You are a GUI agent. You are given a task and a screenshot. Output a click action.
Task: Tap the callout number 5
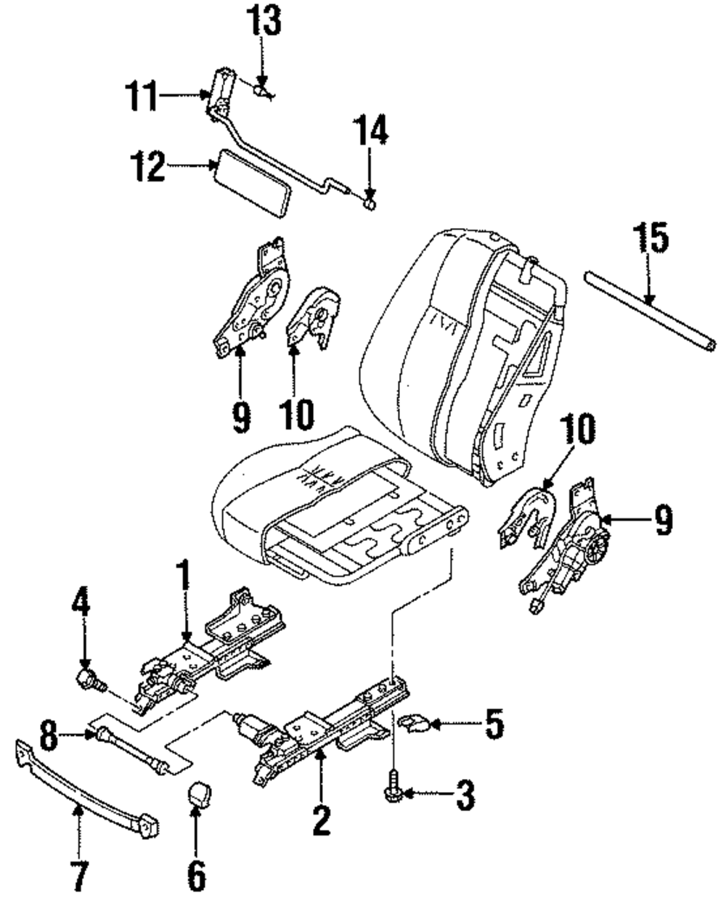coord(494,725)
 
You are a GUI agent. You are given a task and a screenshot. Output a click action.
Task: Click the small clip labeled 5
coord(415,723)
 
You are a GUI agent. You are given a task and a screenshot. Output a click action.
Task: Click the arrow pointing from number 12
coord(190,167)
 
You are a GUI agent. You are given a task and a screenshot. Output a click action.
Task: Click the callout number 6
coord(197,876)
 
